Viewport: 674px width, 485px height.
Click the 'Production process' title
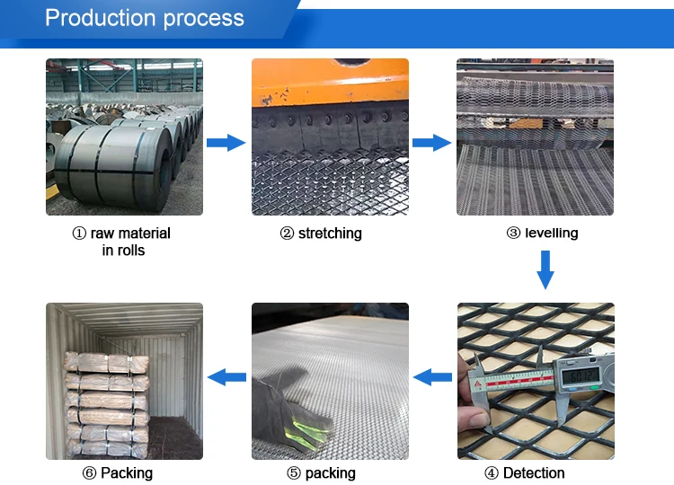click(144, 18)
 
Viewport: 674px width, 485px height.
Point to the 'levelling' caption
click(542, 234)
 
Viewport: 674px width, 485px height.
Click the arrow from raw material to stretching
click(226, 142)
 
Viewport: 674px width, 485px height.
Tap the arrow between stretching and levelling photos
click(431, 142)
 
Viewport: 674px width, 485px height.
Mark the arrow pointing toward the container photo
click(226, 378)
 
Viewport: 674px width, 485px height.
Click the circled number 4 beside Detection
click(492, 472)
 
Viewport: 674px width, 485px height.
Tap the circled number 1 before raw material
click(80, 234)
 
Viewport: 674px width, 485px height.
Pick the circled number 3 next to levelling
click(513, 234)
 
